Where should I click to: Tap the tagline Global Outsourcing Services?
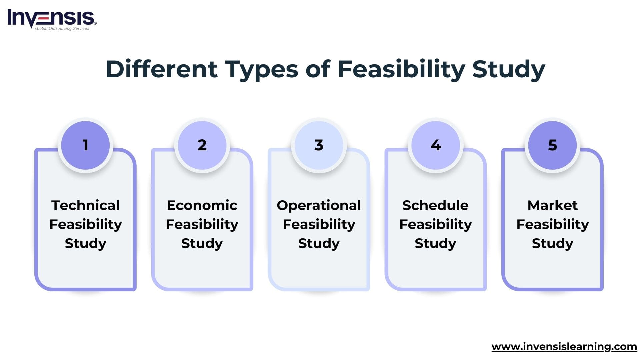click(62, 29)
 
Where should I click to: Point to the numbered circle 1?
click(85, 145)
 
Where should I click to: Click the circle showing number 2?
click(202, 145)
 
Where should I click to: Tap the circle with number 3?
click(319, 145)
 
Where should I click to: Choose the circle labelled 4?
click(436, 145)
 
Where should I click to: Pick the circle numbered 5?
click(552, 145)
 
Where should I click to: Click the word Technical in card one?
click(85, 205)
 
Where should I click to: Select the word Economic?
click(202, 205)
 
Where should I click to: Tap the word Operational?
click(319, 206)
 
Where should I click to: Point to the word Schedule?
click(435, 205)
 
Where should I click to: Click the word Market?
click(552, 205)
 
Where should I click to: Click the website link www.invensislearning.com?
click(564, 347)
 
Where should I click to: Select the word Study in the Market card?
click(552, 244)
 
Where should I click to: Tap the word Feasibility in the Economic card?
click(202, 225)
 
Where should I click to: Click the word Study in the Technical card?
click(85, 244)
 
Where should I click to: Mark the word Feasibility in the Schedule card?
click(435, 225)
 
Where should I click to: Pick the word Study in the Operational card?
click(319, 244)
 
